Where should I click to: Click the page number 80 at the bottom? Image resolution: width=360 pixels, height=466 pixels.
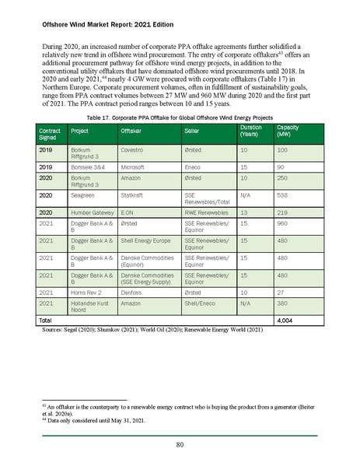(x=180, y=445)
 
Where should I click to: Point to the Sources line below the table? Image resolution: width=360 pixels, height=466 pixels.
(x=142, y=330)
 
